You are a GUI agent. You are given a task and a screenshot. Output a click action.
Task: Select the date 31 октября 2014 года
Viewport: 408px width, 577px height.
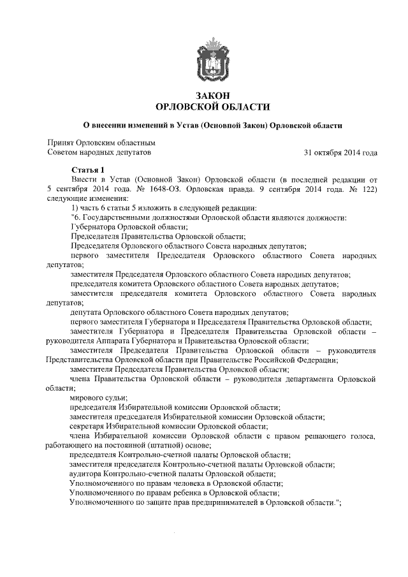tap(342, 153)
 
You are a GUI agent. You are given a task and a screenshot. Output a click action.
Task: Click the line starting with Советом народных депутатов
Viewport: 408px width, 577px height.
tap(99, 153)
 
